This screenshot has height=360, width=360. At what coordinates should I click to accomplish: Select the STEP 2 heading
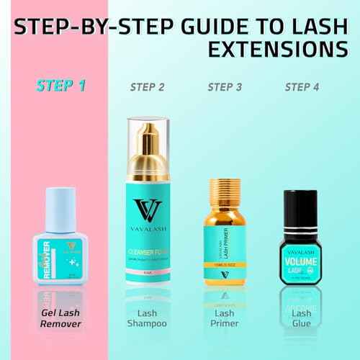click(x=148, y=88)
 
